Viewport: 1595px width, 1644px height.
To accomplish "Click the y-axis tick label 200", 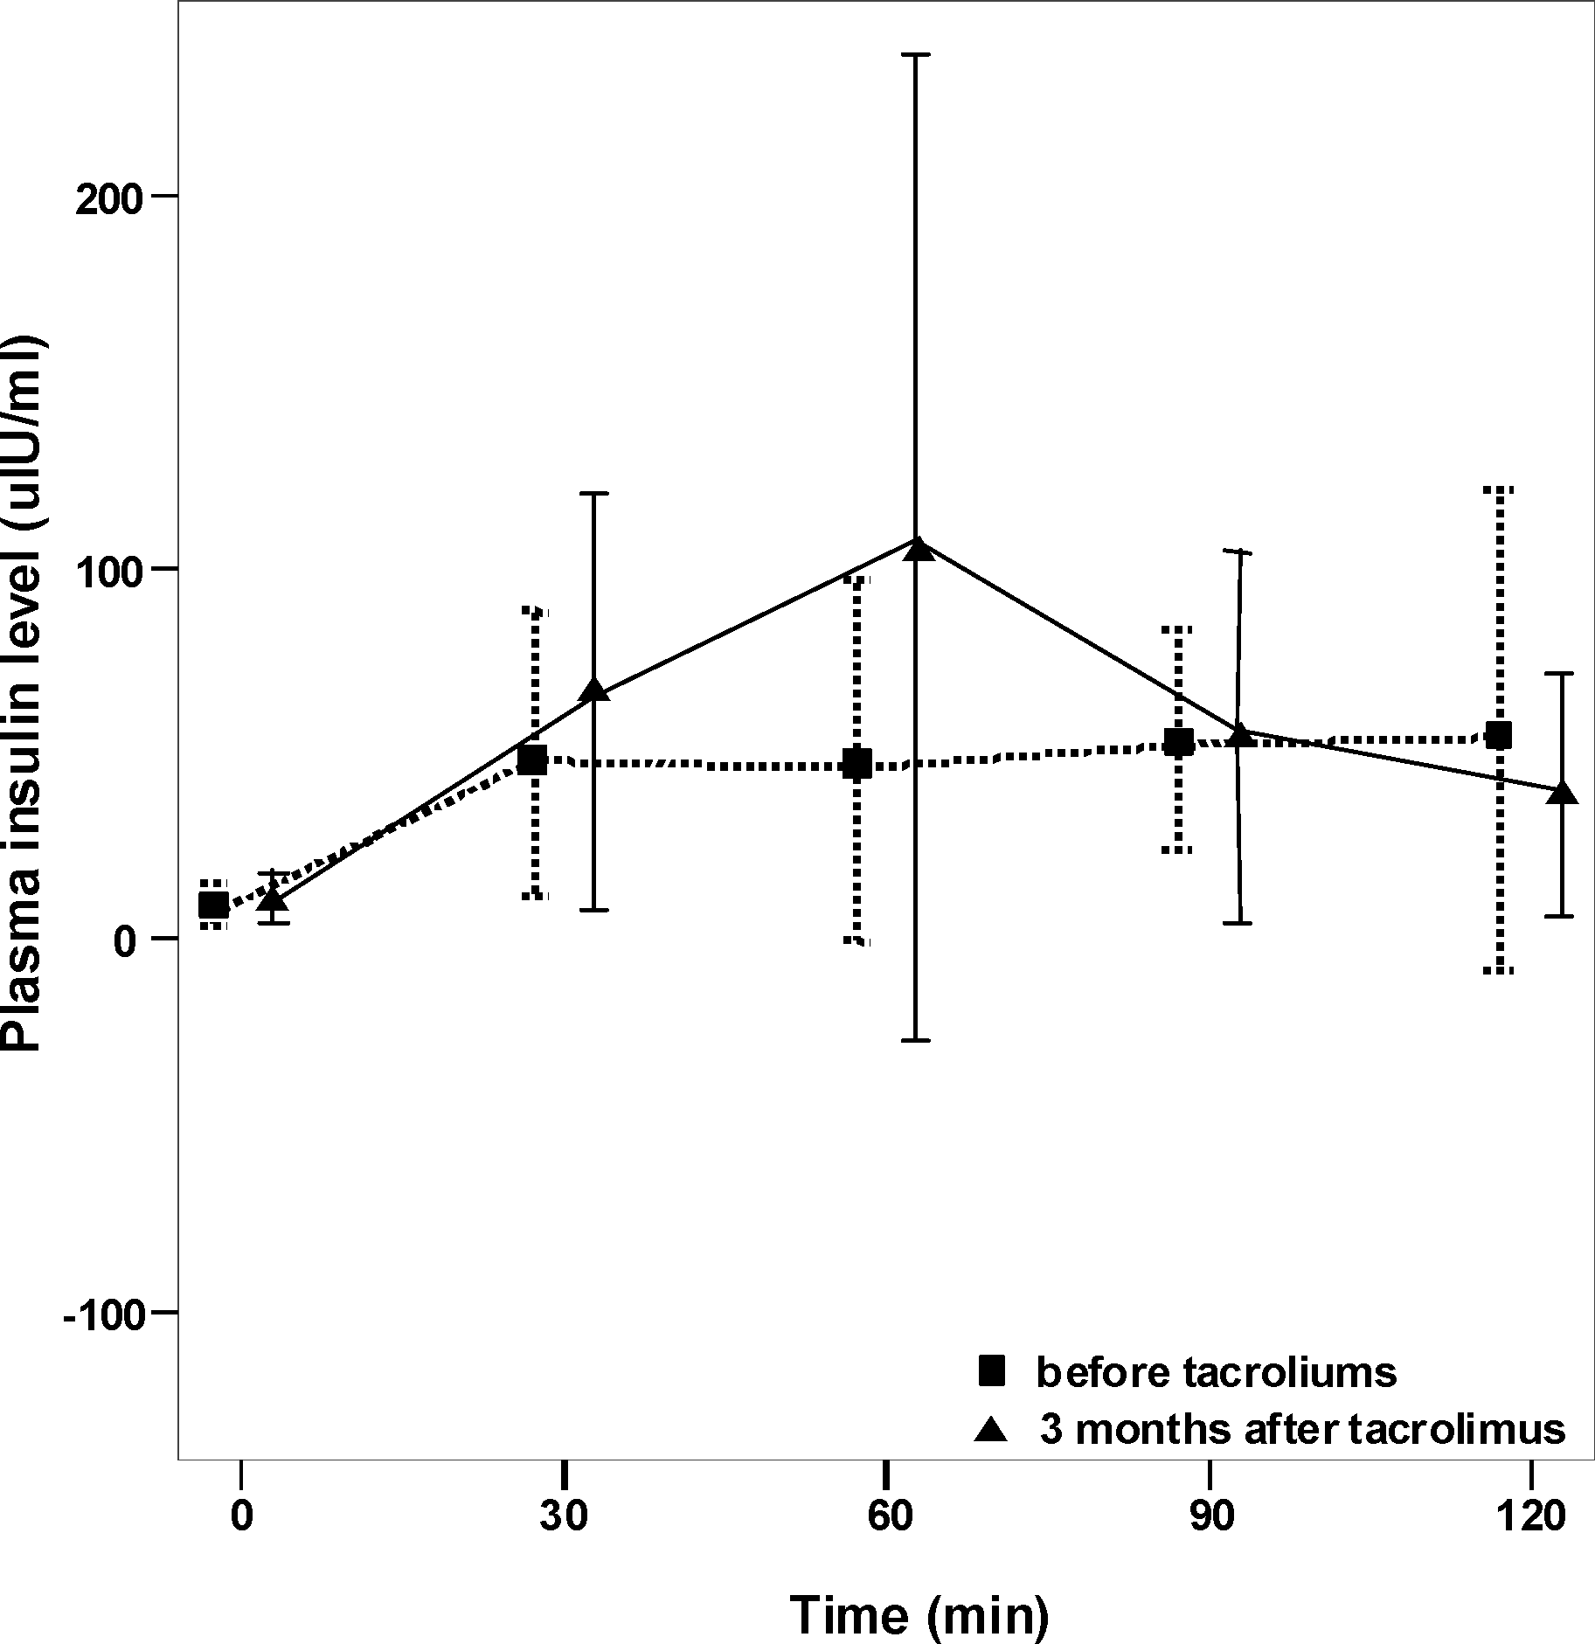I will coord(107,200).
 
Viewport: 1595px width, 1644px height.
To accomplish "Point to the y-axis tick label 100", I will coord(107,570).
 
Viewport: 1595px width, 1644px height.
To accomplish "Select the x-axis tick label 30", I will coord(564,1517).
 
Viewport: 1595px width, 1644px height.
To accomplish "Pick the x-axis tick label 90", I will coord(1212,1517).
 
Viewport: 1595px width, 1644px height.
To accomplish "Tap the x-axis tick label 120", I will coord(1535,1517).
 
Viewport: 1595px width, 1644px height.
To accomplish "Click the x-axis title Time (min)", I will coord(919,1613).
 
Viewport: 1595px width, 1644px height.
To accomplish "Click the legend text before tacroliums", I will coord(1216,1372).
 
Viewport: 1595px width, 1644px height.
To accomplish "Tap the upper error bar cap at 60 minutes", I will coord(916,54).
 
